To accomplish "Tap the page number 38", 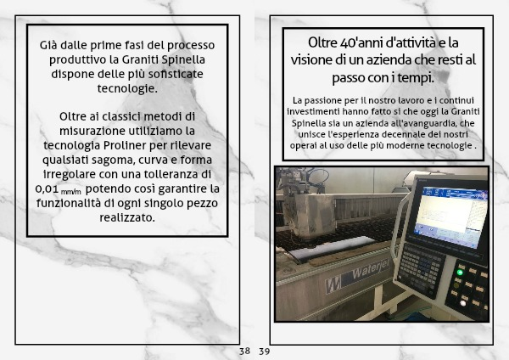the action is (x=244, y=351).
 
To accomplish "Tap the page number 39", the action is (x=264, y=352).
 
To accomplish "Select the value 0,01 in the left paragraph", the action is (x=47, y=188).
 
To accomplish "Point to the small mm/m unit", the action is (x=70, y=192).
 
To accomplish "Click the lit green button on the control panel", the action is (x=460, y=273).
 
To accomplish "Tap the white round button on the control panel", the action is (x=463, y=303).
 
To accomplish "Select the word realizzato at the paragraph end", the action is (x=127, y=217).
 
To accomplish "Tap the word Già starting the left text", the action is (x=48, y=45).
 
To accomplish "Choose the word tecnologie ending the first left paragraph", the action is (x=127, y=88).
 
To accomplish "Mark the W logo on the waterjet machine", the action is (x=333, y=286).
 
